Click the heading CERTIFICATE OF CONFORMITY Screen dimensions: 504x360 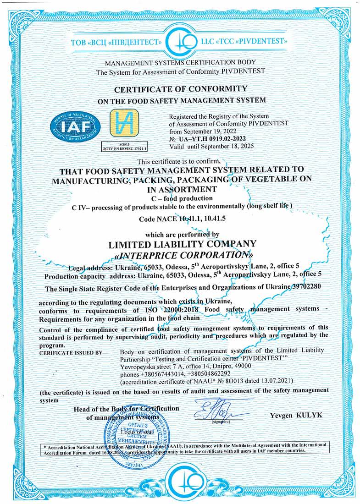(x=180, y=88)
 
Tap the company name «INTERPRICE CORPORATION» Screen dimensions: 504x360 (x=180, y=254)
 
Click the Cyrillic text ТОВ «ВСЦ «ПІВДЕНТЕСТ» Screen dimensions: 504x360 (x=116, y=43)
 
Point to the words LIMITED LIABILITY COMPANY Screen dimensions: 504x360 (x=180, y=243)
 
